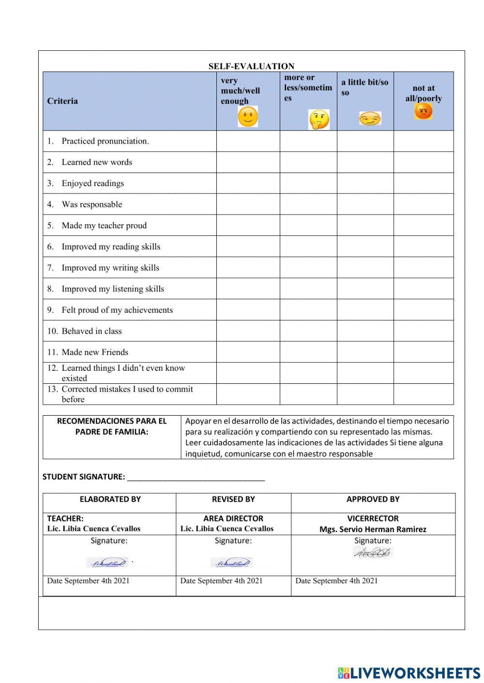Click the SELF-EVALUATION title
251,66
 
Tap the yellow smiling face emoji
248,117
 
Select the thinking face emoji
319,119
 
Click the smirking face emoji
370,118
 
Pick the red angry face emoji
423,112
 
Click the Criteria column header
62,101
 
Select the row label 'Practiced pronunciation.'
105,141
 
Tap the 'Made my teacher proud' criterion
104,225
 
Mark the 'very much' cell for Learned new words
248,162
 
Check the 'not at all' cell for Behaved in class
423,331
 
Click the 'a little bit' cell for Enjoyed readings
365,183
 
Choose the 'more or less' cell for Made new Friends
308,352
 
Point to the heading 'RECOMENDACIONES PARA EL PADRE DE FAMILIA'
112,426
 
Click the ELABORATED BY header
110,499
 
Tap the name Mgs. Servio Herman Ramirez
373,529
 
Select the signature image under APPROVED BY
372,553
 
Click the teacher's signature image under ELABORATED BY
107,562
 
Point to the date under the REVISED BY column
221,581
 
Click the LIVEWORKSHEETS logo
409,673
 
